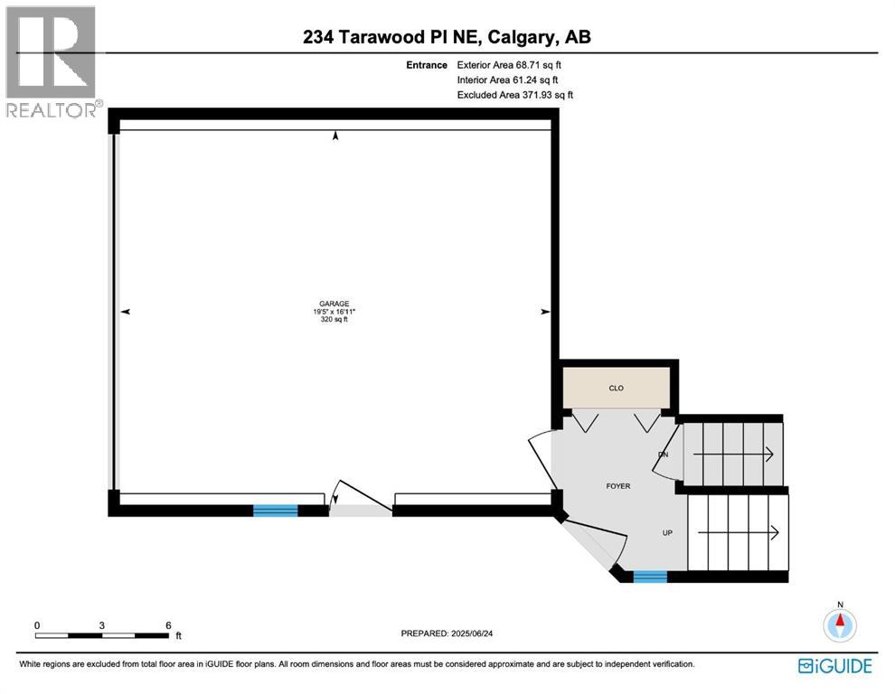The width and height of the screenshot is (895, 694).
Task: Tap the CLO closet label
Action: pyautogui.click(x=616, y=388)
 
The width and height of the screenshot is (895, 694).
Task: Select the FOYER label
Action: pyautogui.click(x=617, y=486)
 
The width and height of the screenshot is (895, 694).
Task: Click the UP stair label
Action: pyautogui.click(x=667, y=533)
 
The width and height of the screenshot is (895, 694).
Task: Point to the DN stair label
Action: pyautogui.click(x=663, y=455)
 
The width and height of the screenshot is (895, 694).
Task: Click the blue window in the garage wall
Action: pyautogui.click(x=275, y=511)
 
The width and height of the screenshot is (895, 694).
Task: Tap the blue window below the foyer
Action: pyautogui.click(x=649, y=577)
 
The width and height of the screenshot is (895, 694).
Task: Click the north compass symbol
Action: pyautogui.click(x=841, y=622)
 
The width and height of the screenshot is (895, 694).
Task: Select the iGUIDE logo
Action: pyautogui.click(x=835, y=667)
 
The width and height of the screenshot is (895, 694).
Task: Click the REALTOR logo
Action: pyautogui.click(x=52, y=61)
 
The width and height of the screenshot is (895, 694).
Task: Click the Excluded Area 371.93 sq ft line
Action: pyautogui.click(x=515, y=95)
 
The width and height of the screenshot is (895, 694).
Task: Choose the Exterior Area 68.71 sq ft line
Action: pyautogui.click(x=515, y=65)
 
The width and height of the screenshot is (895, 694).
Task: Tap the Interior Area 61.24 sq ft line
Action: pyautogui.click(x=513, y=80)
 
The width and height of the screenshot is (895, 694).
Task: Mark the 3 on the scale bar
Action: pyautogui.click(x=102, y=625)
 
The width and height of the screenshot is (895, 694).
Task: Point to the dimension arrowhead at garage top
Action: pyautogui.click(x=336, y=136)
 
